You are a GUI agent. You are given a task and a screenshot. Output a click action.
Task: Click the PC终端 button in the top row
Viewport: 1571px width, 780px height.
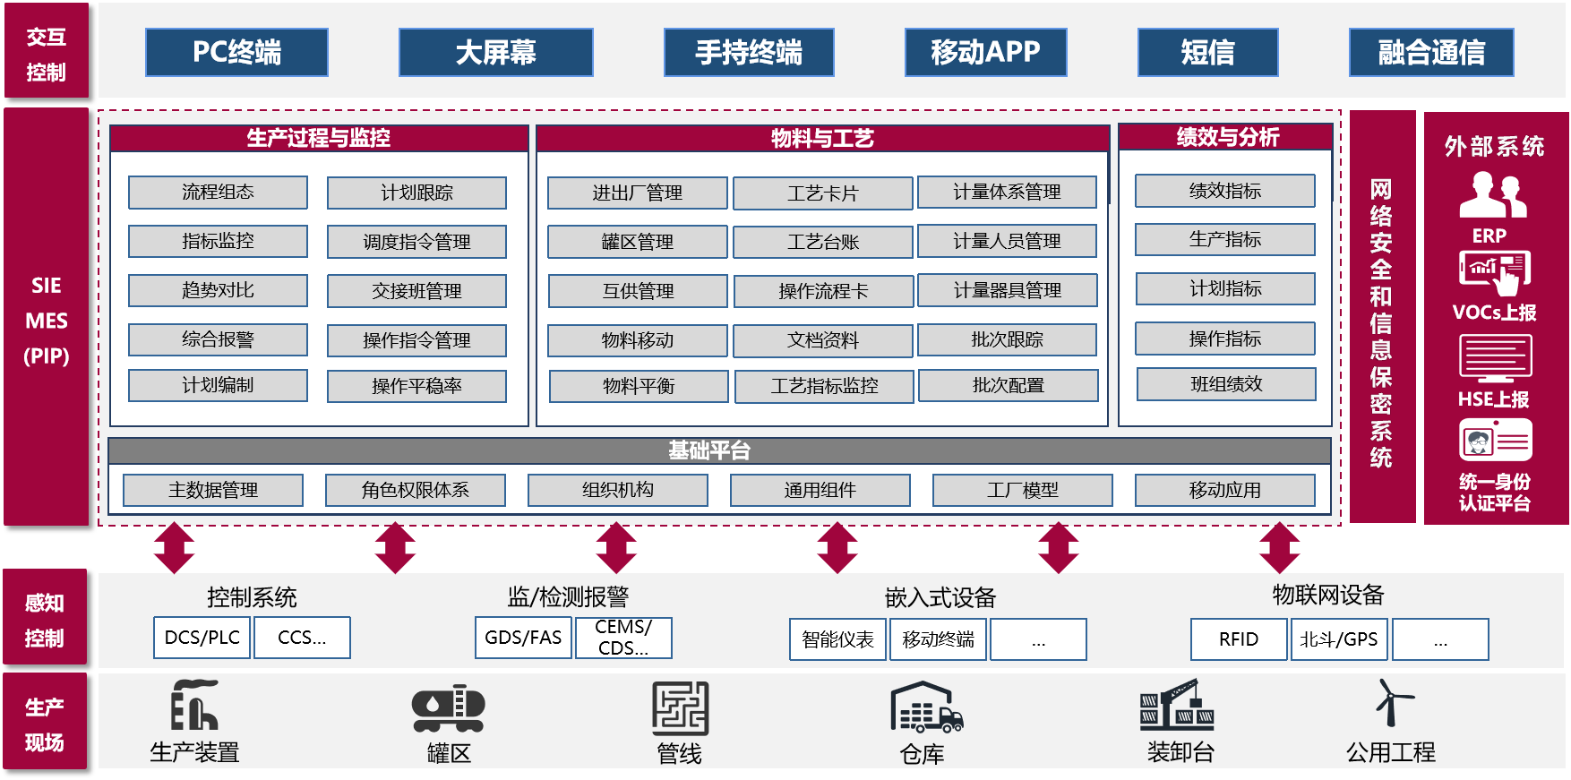point(236,52)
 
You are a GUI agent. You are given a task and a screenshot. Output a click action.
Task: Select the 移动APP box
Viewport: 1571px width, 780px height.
point(985,52)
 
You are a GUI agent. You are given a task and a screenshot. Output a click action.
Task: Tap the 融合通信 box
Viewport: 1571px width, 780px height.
point(1431,52)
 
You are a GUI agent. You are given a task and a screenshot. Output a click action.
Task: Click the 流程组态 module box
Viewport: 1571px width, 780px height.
point(218,192)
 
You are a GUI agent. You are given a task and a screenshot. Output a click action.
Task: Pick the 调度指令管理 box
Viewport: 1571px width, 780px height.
point(416,242)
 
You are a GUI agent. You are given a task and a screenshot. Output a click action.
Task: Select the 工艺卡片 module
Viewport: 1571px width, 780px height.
point(822,193)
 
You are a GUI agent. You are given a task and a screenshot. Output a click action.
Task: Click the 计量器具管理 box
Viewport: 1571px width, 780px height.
point(1007,290)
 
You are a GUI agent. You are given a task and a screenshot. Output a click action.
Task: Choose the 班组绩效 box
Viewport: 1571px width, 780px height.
point(1226,384)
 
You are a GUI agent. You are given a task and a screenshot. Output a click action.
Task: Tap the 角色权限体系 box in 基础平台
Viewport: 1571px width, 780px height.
point(415,490)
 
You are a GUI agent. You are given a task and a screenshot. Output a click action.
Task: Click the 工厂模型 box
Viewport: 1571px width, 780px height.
point(1022,490)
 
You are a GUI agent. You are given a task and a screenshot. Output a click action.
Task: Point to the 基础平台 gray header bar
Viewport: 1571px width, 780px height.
point(718,450)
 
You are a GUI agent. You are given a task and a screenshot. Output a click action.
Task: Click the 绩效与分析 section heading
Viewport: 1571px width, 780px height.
point(1226,137)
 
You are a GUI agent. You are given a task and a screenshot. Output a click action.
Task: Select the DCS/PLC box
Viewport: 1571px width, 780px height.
point(202,638)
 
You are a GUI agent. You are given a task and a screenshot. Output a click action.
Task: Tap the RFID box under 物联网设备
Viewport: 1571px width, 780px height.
point(1238,639)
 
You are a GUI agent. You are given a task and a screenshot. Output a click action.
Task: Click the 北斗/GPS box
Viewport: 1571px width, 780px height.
point(1338,639)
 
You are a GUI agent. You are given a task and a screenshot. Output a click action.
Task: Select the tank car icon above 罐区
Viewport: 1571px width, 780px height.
point(448,708)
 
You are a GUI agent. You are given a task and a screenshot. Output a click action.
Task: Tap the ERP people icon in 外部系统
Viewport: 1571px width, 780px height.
point(1492,195)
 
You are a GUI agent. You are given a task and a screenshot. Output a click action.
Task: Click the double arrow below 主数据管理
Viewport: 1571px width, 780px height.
point(175,547)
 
